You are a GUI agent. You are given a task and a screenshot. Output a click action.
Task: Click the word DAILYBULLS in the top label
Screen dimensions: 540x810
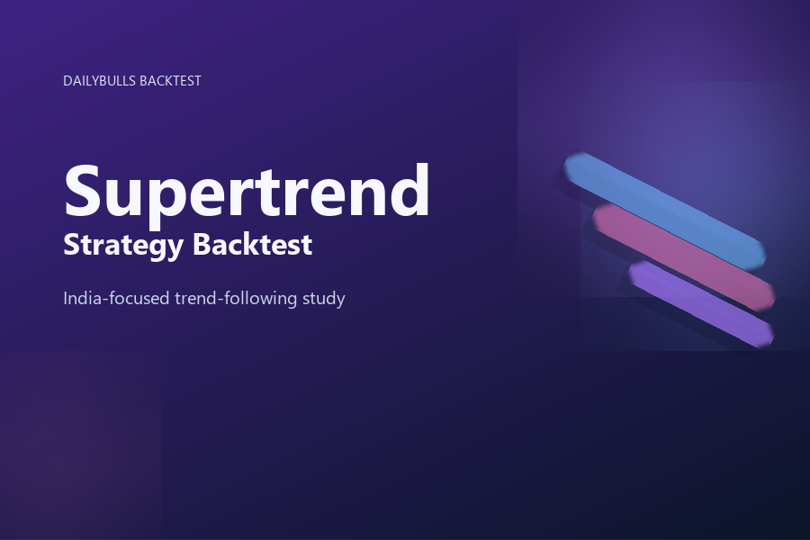(x=100, y=81)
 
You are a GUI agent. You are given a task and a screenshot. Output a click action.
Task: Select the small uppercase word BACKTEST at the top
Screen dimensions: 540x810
(x=170, y=81)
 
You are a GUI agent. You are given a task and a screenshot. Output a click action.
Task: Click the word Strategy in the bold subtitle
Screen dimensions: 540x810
(x=120, y=245)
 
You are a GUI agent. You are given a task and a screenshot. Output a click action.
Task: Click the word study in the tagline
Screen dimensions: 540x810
(x=324, y=298)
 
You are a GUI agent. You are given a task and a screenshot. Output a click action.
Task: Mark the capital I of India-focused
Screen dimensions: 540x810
(x=66, y=297)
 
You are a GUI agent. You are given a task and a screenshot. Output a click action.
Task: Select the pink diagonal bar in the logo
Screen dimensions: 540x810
(x=684, y=256)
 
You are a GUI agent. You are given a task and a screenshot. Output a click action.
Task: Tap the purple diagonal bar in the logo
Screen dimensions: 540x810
(x=701, y=303)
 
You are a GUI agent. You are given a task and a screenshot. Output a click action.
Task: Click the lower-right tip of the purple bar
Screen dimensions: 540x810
(x=768, y=336)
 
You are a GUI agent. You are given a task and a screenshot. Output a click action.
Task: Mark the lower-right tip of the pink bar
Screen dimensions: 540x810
(x=769, y=298)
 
